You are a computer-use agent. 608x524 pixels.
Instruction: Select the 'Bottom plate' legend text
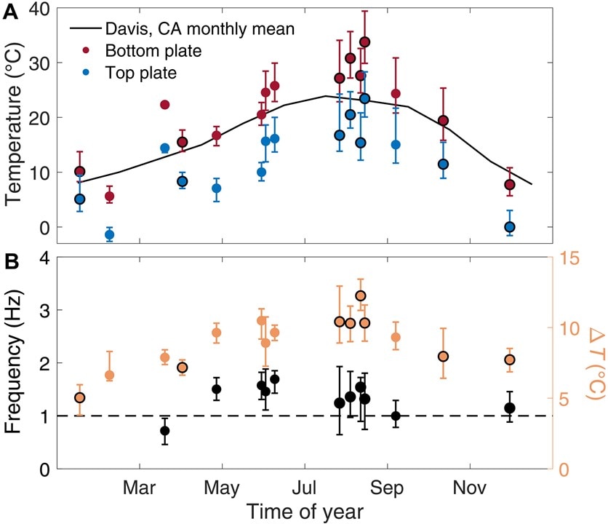(x=153, y=51)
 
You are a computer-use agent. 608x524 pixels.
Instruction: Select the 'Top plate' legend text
(x=141, y=73)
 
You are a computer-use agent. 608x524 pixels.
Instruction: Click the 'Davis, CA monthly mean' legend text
(x=182, y=29)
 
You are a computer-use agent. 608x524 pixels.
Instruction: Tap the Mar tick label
(x=138, y=485)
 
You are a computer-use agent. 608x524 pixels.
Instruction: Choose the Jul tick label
(x=304, y=485)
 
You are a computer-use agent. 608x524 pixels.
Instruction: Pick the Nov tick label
(x=469, y=485)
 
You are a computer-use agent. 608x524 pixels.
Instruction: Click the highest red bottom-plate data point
(x=365, y=42)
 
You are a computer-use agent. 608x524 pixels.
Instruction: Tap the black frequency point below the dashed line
(x=165, y=451)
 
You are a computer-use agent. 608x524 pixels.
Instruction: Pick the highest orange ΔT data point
(x=360, y=295)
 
